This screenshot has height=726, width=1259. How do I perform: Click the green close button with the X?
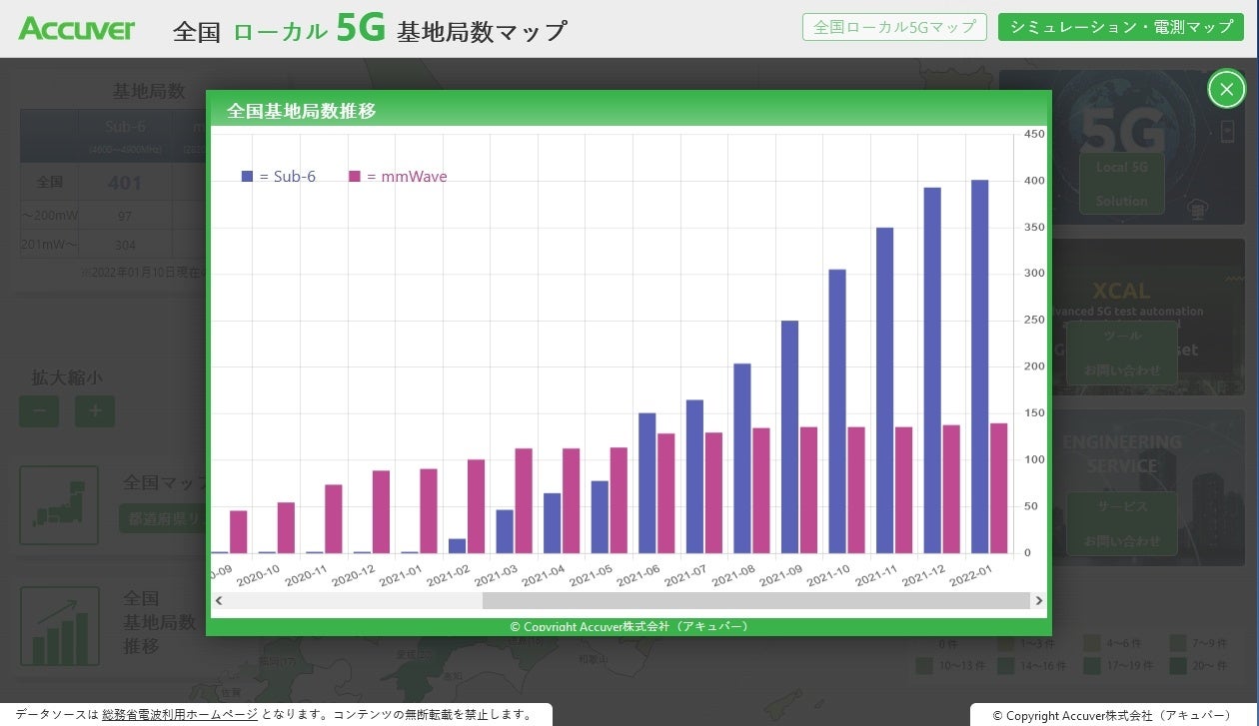(x=1226, y=89)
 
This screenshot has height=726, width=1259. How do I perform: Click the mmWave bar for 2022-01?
(x=998, y=488)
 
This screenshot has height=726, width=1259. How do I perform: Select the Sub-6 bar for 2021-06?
(x=646, y=483)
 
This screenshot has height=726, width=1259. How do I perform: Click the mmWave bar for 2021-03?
(x=524, y=500)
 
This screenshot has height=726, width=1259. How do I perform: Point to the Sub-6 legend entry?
(x=279, y=177)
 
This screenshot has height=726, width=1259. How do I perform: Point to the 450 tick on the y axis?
(x=1034, y=134)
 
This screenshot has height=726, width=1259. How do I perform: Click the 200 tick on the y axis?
(x=1034, y=366)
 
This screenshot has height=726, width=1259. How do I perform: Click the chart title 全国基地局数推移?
(x=302, y=111)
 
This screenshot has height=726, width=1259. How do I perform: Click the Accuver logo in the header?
(x=76, y=29)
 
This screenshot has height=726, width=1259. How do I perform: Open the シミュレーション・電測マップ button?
(x=1120, y=27)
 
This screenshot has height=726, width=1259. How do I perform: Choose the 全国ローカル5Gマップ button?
(x=894, y=27)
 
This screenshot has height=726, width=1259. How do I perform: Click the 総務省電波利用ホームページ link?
(x=180, y=715)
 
